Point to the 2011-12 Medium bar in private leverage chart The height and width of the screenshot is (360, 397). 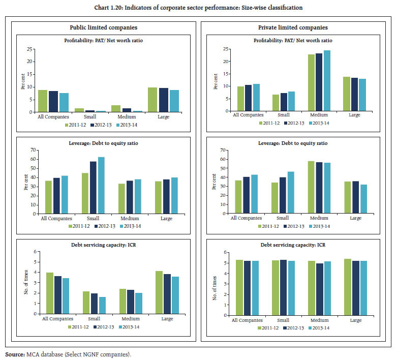tap(311, 187)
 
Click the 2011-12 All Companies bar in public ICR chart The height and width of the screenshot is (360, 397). tap(49, 293)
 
